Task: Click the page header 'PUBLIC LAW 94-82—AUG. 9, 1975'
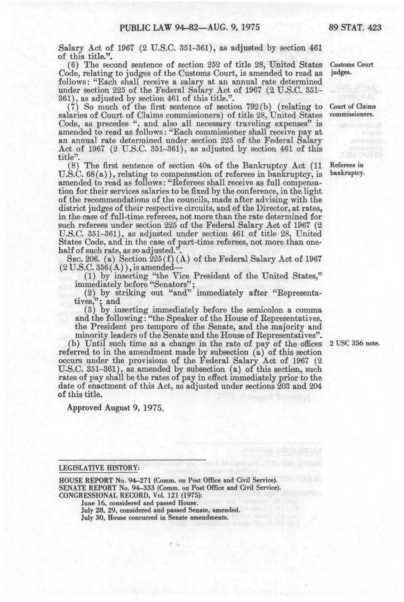189,28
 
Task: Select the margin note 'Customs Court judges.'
351,68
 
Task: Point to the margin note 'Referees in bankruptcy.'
347,169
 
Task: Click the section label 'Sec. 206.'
78,259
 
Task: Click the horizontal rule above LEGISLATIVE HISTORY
132,459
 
